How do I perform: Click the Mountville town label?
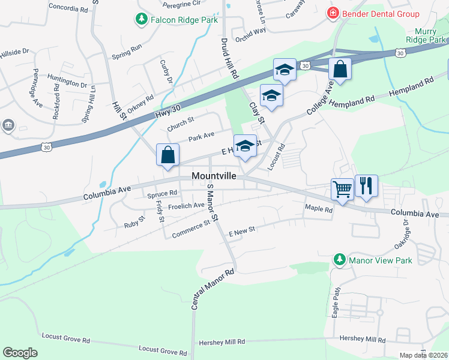(x=214, y=176)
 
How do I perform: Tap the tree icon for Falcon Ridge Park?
(x=142, y=19)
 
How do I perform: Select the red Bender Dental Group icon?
(x=331, y=13)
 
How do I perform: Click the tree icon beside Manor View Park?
(x=339, y=260)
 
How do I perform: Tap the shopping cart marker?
(x=342, y=190)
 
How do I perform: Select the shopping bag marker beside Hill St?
(x=168, y=155)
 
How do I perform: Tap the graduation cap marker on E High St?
(x=244, y=146)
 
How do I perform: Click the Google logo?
(x=20, y=353)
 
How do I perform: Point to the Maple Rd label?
(x=319, y=209)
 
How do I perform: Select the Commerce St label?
(x=190, y=229)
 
